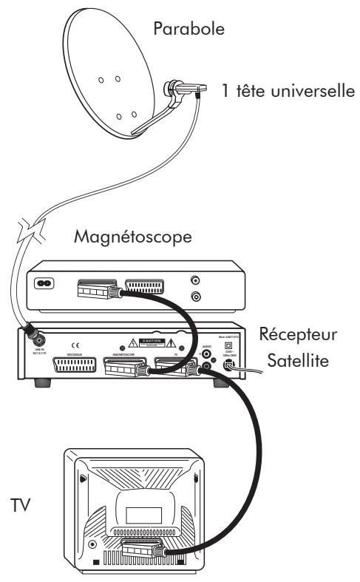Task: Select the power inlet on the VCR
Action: point(47,282)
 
